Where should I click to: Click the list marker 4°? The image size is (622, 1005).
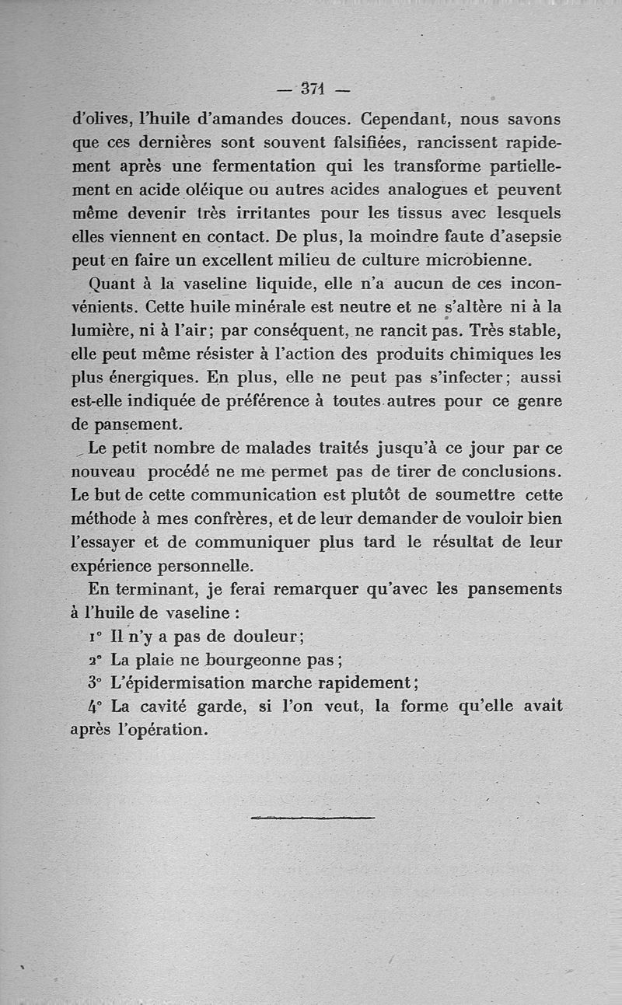point(96,707)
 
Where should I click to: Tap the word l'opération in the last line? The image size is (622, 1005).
point(167,731)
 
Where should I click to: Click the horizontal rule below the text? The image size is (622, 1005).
point(313,817)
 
